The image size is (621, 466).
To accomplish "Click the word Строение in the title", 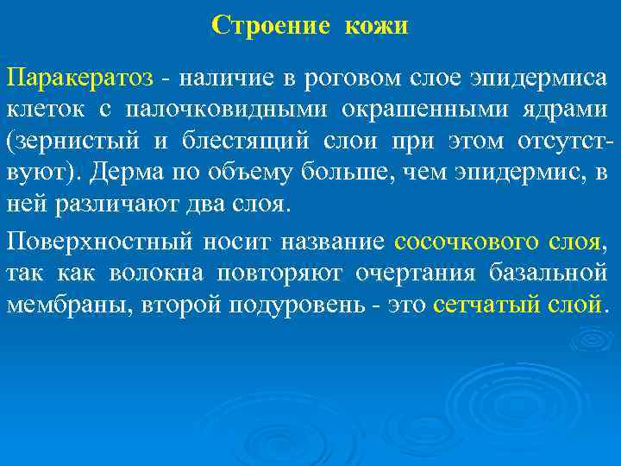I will coord(270,26).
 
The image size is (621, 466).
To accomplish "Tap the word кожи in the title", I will coord(376,26).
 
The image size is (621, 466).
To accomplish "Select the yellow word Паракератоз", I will coord(80,79).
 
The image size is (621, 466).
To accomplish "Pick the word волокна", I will coord(155,274).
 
